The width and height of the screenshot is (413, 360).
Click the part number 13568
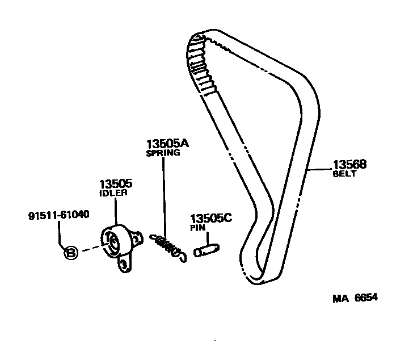[350, 165]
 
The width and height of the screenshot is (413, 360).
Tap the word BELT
[344, 174]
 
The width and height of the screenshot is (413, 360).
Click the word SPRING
[163, 153]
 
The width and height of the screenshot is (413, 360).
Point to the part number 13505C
[210, 219]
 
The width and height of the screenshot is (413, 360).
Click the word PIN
[197, 228]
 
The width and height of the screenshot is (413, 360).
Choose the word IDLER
[113, 192]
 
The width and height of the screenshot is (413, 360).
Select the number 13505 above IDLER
[116, 183]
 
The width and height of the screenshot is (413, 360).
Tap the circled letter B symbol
[70, 253]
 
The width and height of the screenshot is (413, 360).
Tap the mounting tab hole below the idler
[124, 262]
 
